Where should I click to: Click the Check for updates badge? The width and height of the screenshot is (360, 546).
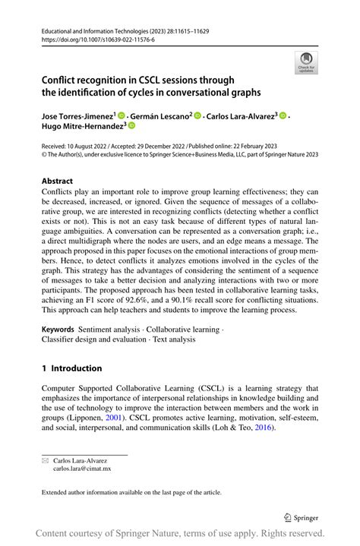pyautogui.click(x=306, y=62)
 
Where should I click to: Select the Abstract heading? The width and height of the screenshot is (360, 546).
pyautogui.click(x=58, y=181)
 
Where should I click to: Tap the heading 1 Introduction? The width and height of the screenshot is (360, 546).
pyautogui.click(x=71, y=368)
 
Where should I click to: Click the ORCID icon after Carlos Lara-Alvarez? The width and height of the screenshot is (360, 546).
pyautogui.click(x=283, y=115)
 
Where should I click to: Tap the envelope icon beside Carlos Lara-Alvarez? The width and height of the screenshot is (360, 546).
pyautogui.click(x=45, y=460)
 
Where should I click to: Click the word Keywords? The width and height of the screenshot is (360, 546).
pyautogui.click(x=58, y=330)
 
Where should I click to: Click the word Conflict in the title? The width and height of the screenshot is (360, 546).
pyautogui.click(x=62, y=79)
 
